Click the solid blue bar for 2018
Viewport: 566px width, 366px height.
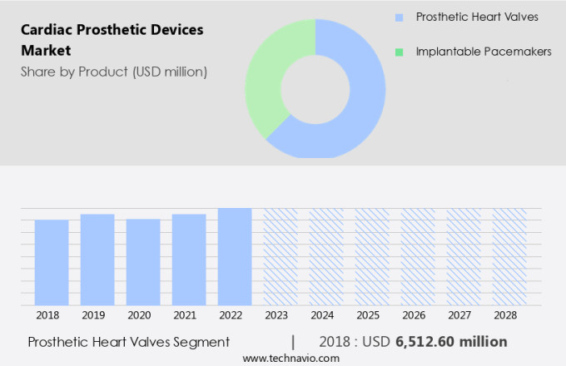(52, 262)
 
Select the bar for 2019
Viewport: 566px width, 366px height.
(97, 260)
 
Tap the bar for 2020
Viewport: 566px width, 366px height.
(143, 262)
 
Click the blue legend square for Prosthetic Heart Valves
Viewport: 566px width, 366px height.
(400, 17)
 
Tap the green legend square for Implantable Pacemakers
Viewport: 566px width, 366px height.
(400, 52)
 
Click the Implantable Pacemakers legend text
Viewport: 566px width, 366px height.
(484, 52)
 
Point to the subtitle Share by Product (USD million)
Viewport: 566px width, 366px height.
(114, 72)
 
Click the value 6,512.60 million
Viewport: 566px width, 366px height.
(451, 342)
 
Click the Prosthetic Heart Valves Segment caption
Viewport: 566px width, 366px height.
(128, 342)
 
